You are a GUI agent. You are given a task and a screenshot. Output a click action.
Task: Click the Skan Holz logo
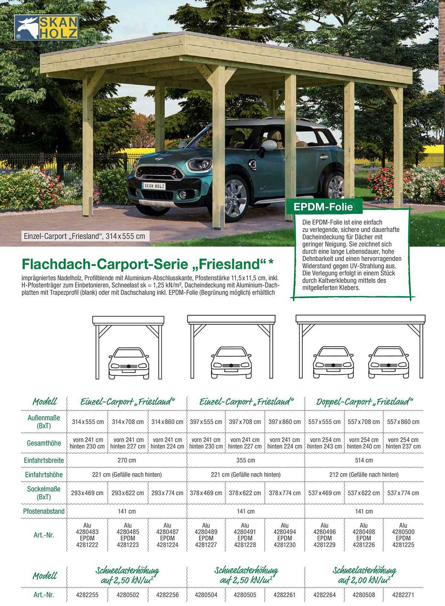(x=47, y=28)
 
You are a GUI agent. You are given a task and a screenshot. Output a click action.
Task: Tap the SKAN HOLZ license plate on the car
(x=154, y=186)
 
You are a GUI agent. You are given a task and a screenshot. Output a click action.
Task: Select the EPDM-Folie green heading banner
(x=323, y=207)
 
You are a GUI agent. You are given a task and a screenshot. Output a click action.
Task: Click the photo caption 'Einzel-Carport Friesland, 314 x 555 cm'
(x=85, y=236)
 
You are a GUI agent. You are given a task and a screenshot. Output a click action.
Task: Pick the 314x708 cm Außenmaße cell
(x=128, y=422)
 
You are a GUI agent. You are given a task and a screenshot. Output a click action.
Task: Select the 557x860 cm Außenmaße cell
(x=403, y=422)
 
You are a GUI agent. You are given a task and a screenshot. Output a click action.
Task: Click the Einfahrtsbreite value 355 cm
(x=246, y=460)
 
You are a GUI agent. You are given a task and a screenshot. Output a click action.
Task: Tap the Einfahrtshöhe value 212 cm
(x=364, y=475)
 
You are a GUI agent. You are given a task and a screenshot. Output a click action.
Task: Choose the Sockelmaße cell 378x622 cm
(x=245, y=493)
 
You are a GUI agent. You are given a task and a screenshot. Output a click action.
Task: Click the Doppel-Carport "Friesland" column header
(x=364, y=402)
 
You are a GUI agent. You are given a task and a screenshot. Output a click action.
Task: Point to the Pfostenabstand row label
(x=44, y=511)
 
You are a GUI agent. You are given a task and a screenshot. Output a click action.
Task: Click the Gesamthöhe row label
(x=44, y=443)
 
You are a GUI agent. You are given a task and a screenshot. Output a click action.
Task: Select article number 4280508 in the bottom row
(x=364, y=595)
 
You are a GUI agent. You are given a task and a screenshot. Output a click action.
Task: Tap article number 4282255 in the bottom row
(x=87, y=595)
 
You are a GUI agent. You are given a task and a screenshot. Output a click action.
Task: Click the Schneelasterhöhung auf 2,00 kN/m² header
(x=364, y=575)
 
